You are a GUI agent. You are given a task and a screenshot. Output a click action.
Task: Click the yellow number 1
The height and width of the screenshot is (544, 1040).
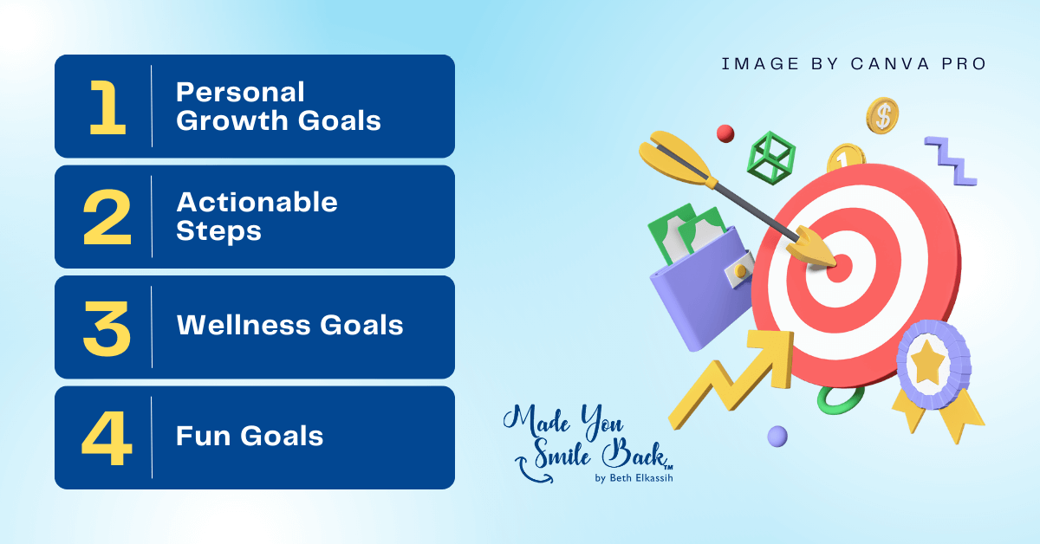pos(107,107)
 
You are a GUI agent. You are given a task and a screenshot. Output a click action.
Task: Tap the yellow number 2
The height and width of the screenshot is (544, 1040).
pos(107,217)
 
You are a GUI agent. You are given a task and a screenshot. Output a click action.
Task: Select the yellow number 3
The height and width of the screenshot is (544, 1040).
pos(107,327)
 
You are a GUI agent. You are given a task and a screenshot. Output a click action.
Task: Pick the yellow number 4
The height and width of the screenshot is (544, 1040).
pos(107,437)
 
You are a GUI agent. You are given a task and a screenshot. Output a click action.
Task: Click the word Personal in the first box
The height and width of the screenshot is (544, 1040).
pos(240,92)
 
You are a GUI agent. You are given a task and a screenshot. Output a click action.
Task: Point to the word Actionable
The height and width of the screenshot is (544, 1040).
pos(257,202)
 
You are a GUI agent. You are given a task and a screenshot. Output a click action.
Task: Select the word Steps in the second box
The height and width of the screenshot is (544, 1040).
pos(218,231)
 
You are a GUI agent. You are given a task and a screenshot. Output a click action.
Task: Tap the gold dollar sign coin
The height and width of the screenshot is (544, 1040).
pos(882,114)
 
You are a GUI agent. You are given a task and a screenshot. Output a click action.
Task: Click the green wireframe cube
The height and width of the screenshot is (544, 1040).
pos(770,157)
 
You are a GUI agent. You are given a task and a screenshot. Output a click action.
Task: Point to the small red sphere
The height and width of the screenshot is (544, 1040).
pos(725,133)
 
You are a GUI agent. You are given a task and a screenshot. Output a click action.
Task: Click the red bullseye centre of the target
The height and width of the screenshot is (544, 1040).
pos(839,266)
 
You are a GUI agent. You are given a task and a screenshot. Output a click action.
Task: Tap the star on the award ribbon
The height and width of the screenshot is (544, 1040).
pos(927,364)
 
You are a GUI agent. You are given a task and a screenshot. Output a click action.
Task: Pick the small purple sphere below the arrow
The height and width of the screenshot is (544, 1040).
pos(777,436)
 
